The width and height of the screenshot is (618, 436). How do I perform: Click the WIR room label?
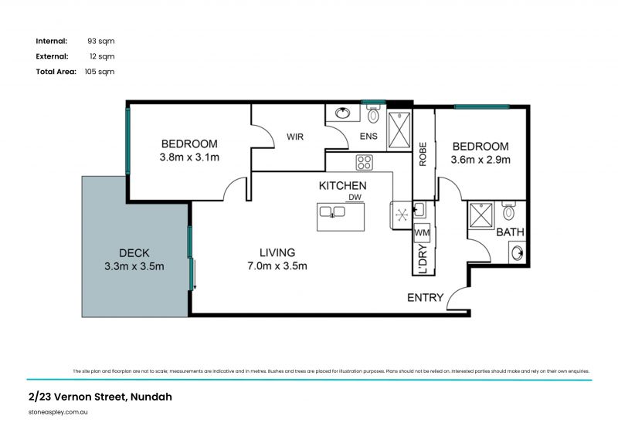point(294,137)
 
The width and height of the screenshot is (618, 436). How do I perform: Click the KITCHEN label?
point(342,186)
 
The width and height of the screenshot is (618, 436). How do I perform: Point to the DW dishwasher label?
point(355,198)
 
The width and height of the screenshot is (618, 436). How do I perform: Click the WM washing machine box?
point(422,232)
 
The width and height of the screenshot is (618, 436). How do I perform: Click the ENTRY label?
point(425,298)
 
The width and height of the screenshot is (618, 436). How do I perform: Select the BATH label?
point(511,232)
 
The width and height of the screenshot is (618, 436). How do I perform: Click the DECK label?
point(134,252)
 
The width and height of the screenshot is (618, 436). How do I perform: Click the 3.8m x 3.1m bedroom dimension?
point(189,158)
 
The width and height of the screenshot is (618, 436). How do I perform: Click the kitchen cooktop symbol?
point(364,163)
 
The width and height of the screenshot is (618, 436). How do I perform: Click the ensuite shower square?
point(399,129)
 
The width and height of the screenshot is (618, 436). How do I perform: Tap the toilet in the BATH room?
point(509,211)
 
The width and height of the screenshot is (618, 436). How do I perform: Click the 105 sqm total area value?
point(99,71)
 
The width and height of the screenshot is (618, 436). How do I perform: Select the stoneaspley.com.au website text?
point(58,413)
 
